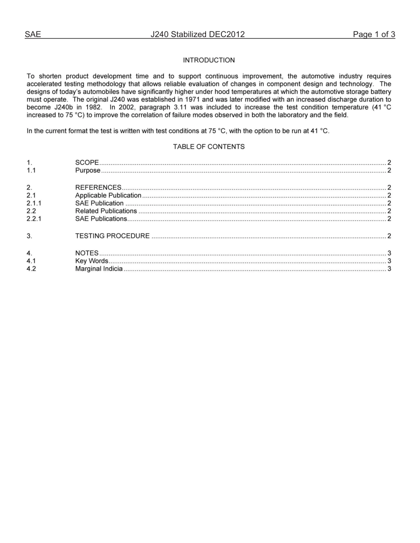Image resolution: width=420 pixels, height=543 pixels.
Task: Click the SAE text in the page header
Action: (33, 34)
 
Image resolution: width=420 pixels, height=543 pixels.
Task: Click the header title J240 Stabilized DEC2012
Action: (197, 34)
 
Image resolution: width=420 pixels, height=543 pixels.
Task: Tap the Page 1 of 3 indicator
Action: (374, 34)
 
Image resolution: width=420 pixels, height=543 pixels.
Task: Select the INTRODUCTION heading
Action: (209, 60)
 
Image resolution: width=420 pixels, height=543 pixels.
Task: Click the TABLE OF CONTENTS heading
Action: (209, 147)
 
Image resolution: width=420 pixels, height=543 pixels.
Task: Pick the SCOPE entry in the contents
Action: (87, 163)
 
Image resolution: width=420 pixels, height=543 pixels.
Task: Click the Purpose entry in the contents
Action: (88, 170)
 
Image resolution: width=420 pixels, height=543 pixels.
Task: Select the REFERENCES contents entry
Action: (98, 188)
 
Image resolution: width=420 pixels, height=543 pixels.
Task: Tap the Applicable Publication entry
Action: (108, 196)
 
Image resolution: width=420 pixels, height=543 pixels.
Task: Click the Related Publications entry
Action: (106, 211)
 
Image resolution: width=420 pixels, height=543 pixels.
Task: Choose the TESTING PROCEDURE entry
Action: (112, 236)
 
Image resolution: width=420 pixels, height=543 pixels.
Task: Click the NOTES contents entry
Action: (87, 253)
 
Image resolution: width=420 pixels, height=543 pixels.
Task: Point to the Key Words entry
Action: (92, 261)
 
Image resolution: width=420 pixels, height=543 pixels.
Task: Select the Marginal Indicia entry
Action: (99, 269)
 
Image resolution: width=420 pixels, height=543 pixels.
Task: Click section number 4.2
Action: (31, 269)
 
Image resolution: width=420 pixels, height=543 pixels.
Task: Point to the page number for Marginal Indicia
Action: (389, 269)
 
